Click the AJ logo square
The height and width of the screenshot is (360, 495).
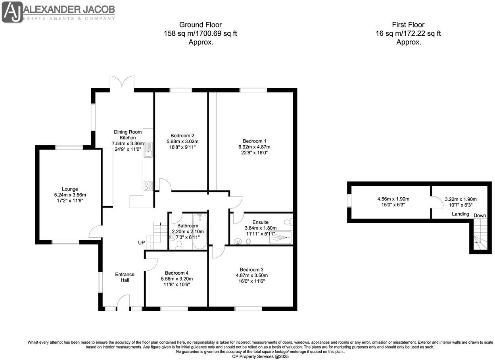click(x=12, y=12)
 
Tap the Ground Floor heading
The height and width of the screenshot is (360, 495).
click(x=200, y=25)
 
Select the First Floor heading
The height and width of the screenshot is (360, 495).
click(x=408, y=25)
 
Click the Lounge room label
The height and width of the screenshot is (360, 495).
click(x=70, y=189)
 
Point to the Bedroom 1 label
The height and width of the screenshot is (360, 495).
click(x=254, y=141)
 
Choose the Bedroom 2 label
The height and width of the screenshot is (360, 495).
click(x=182, y=135)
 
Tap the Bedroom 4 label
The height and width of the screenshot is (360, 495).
click(x=177, y=273)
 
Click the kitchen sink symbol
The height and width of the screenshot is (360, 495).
click(x=148, y=150)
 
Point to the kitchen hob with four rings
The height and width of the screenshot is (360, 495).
click(x=148, y=186)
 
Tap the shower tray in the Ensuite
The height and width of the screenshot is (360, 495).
click(x=283, y=237)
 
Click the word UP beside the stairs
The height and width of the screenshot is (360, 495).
click(x=142, y=243)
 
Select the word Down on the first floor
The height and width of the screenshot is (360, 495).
click(x=480, y=215)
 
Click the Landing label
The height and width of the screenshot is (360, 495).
click(x=460, y=214)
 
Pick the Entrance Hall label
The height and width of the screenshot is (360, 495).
click(x=125, y=277)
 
